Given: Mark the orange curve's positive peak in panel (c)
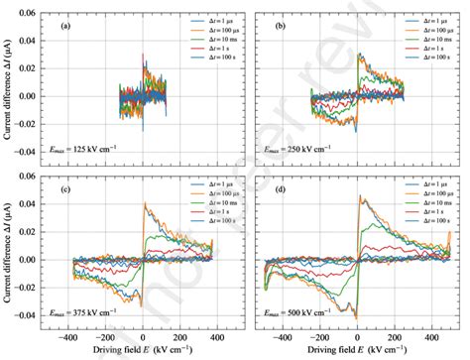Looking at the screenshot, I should [146, 203].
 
